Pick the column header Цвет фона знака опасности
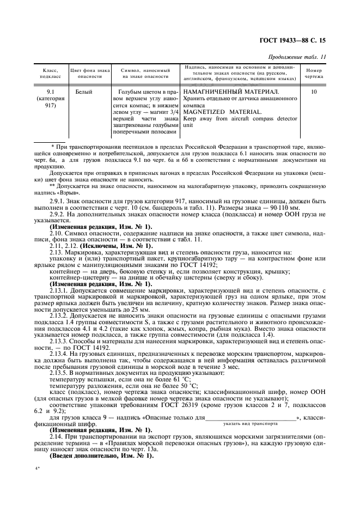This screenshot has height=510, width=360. click(89, 74)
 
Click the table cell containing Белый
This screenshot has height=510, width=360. click(84, 92)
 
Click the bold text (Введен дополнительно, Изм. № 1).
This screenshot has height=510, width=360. click(102, 455)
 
